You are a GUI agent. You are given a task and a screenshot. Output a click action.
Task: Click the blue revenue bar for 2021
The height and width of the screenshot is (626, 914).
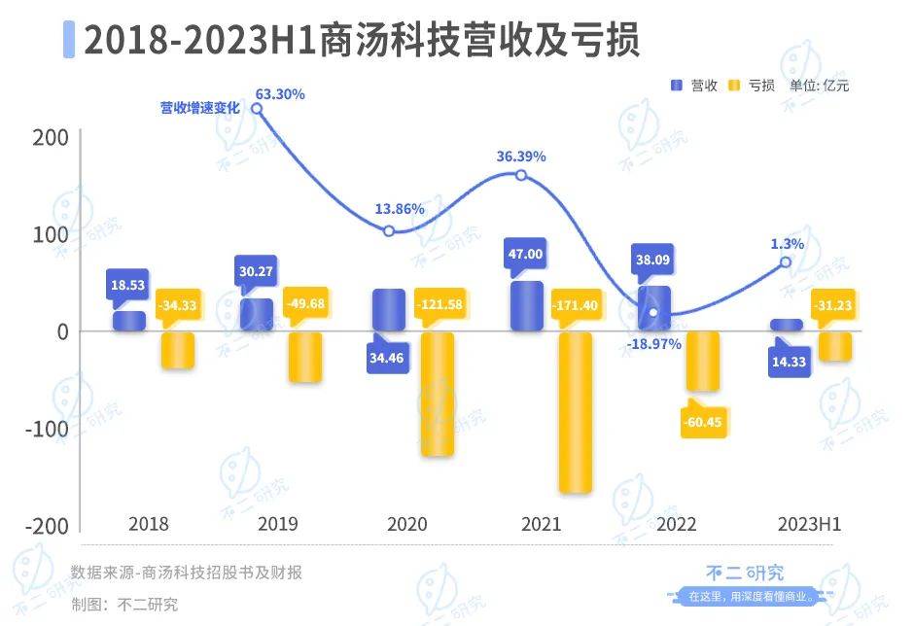point(524,307)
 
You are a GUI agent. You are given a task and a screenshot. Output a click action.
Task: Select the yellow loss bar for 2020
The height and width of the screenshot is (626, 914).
point(437,394)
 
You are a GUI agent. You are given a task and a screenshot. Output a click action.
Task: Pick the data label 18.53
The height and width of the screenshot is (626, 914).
point(127,283)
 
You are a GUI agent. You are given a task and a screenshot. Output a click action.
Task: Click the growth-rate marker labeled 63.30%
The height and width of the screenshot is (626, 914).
point(257,109)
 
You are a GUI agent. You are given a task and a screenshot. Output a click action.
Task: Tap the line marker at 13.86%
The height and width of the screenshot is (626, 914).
point(389,231)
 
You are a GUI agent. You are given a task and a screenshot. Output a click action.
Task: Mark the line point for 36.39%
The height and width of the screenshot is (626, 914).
point(521,175)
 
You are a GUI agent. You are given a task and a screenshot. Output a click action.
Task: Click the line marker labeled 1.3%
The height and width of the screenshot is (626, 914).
point(786,262)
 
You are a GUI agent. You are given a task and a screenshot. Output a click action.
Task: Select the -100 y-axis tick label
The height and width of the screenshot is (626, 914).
point(49,429)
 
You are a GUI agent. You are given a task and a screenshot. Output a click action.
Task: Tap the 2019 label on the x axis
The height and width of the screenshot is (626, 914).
point(277,524)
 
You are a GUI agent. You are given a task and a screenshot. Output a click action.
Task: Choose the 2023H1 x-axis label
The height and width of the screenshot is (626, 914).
point(809,524)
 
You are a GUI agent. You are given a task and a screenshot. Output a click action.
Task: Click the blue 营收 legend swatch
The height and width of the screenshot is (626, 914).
point(677,86)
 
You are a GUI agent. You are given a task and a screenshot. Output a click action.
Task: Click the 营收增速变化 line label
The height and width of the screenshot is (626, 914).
point(199,109)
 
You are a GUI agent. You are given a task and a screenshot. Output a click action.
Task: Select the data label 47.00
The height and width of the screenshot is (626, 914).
point(524,254)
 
